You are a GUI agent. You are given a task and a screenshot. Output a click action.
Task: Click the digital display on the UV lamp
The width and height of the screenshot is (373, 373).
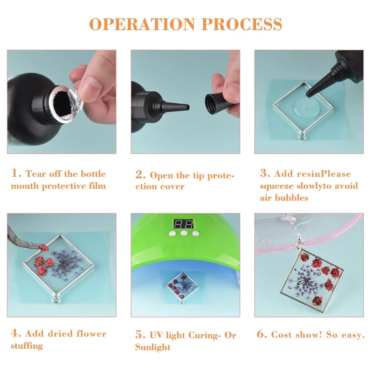[x=184, y=224]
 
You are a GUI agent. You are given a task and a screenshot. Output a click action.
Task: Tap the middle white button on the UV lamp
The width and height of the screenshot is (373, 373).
[x=184, y=233]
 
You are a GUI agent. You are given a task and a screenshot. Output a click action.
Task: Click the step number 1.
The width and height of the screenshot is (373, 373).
[x=16, y=173]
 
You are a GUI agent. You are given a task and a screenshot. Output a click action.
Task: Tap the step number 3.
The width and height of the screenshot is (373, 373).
[x=265, y=173]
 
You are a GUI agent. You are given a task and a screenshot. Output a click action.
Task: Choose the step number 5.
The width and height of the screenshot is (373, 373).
[x=140, y=334]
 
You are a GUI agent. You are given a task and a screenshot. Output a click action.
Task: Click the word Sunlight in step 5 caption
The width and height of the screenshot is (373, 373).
[x=153, y=347]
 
